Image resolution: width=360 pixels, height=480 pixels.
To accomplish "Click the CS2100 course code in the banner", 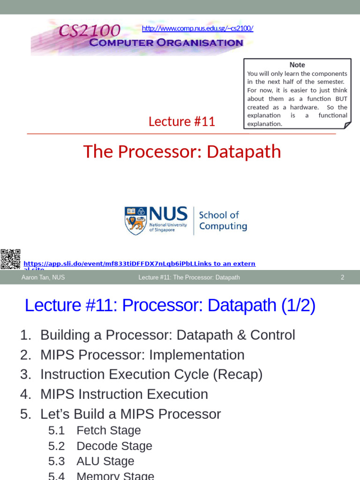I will pos(89,31).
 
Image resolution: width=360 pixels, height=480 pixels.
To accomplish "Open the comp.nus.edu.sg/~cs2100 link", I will pos(197,28).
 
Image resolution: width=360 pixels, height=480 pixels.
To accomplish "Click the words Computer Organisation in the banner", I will pos(166,43).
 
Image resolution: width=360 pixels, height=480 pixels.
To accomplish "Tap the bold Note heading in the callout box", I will pos(297,65).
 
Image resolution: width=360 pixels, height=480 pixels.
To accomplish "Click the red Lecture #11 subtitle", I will pos(181,121).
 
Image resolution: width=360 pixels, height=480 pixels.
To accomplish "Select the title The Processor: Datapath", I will pos(182,151).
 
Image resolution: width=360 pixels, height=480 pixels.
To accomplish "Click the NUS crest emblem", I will pos(135,221).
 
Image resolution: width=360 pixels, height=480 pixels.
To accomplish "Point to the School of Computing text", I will pos(223,221).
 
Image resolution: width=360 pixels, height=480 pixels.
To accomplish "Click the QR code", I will pos(10,259).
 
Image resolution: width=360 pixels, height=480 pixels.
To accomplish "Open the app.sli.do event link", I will pos(139,264).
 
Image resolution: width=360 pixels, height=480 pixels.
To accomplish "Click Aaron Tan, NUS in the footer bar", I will pos(43,277).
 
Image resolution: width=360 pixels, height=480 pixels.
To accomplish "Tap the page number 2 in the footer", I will pos(342,277).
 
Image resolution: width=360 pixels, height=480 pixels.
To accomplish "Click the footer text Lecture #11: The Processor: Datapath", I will pos(189,277).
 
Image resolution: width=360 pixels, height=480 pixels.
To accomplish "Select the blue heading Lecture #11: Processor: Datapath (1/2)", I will pos(170,305).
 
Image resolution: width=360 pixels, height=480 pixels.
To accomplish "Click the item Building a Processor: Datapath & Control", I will pos(167,335).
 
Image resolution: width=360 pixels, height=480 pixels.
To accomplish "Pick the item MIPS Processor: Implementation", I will pos(142,355).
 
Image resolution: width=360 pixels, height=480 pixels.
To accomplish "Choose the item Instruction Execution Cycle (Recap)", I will pos(151,375).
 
